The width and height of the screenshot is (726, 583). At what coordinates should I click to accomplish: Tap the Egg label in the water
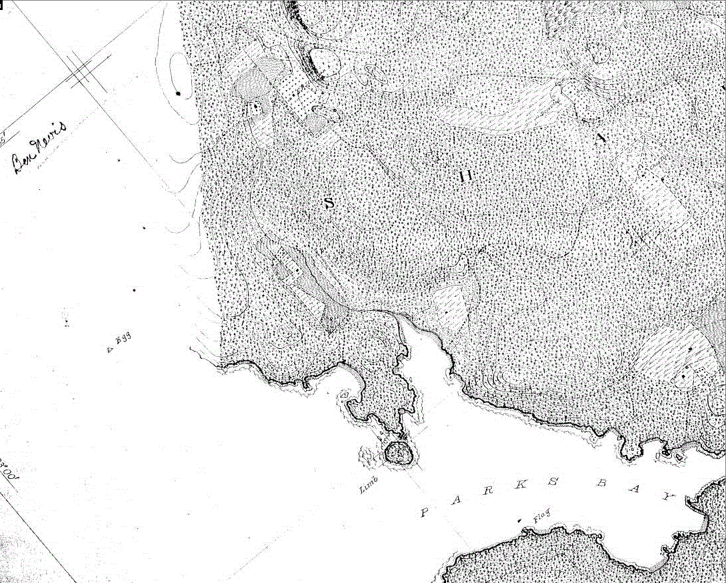pyautogui.click(x=123, y=340)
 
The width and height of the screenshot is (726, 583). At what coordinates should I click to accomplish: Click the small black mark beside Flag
pyautogui.click(x=519, y=519)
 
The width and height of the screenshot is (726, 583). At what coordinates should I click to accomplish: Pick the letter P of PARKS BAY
pyautogui.click(x=425, y=512)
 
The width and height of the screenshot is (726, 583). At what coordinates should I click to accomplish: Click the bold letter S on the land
pyautogui.click(x=329, y=203)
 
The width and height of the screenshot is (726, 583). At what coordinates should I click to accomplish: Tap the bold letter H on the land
pyautogui.click(x=466, y=176)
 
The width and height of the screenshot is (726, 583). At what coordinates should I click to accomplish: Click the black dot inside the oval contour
pyautogui.click(x=178, y=93)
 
